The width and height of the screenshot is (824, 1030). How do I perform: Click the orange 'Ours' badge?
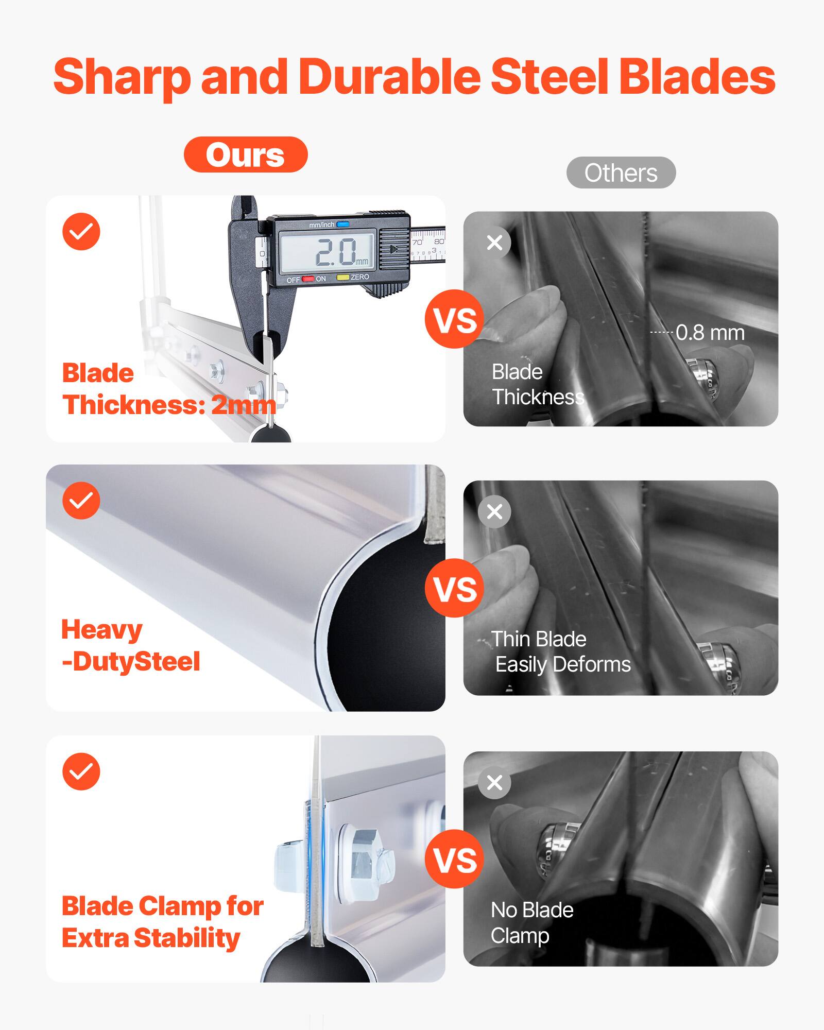click(x=246, y=154)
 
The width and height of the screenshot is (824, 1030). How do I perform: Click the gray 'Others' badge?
click(x=621, y=173)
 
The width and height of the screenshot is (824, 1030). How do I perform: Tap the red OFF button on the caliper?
click(x=307, y=279)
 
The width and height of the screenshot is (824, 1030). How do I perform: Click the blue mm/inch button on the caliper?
click(x=343, y=224)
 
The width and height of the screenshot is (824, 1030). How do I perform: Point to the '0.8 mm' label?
click(x=710, y=333)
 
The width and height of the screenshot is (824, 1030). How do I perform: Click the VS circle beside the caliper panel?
click(x=454, y=319)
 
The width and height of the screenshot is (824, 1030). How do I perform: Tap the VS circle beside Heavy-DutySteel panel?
click(x=454, y=588)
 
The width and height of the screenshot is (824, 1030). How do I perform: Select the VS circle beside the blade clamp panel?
click(x=454, y=859)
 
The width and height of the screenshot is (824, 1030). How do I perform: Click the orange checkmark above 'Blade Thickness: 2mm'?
click(x=81, y=231)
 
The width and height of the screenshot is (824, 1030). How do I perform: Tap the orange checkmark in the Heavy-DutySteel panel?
click(x=81, y=501)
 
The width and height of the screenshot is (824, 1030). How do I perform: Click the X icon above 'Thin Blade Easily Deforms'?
click(x=494, y=511)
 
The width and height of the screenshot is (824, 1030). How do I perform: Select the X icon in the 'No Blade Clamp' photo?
click(x=494, y=782)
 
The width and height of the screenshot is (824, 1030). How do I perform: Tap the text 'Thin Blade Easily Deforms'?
click(x=560, y=652)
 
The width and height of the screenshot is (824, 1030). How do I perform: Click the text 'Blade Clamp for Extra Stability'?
click(x=162, y=922)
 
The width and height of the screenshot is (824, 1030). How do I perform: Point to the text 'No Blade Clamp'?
click(x=531, y=923)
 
